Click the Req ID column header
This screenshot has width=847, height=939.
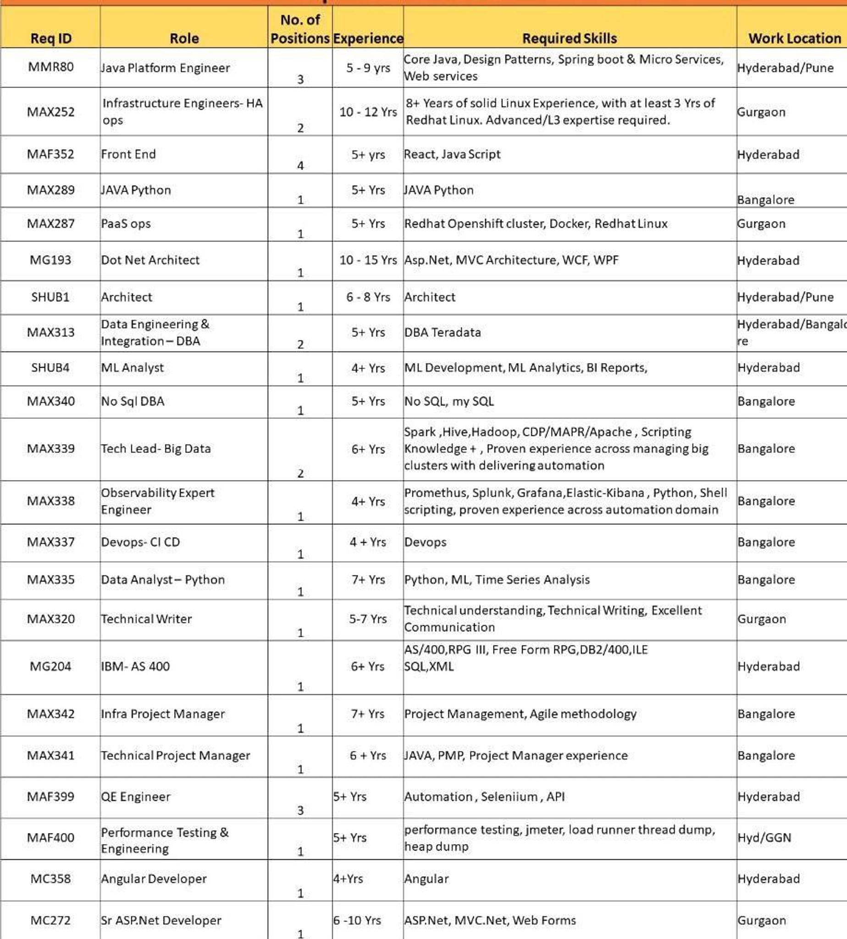(51, 38)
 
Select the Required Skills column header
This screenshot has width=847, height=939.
(569, 38)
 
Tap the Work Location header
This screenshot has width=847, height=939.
(794, 38)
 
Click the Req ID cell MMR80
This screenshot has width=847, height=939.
(51, 67)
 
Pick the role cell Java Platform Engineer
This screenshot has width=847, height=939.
(165, 68)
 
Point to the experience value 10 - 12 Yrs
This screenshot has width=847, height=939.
(368, 112)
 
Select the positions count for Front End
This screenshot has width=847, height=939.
(300, 165)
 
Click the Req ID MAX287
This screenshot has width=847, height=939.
(51, 224)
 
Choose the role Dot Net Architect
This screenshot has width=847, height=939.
(150, 260)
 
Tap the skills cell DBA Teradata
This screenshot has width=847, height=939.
(442, 332)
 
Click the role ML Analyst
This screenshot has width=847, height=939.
(133, 368)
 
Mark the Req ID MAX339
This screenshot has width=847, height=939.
(51, 448)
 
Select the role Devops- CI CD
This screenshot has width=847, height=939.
(140, 542)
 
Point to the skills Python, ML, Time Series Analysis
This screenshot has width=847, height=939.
(497, 580)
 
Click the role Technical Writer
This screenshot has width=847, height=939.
(147, 619)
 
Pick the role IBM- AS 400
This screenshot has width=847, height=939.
(135, 666)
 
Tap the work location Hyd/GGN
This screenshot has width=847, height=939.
(764, 838)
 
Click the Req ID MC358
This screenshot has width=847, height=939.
(51, 878)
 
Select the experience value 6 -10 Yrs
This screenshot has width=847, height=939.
(357, 920)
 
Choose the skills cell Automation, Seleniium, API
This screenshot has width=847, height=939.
(484, 796)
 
